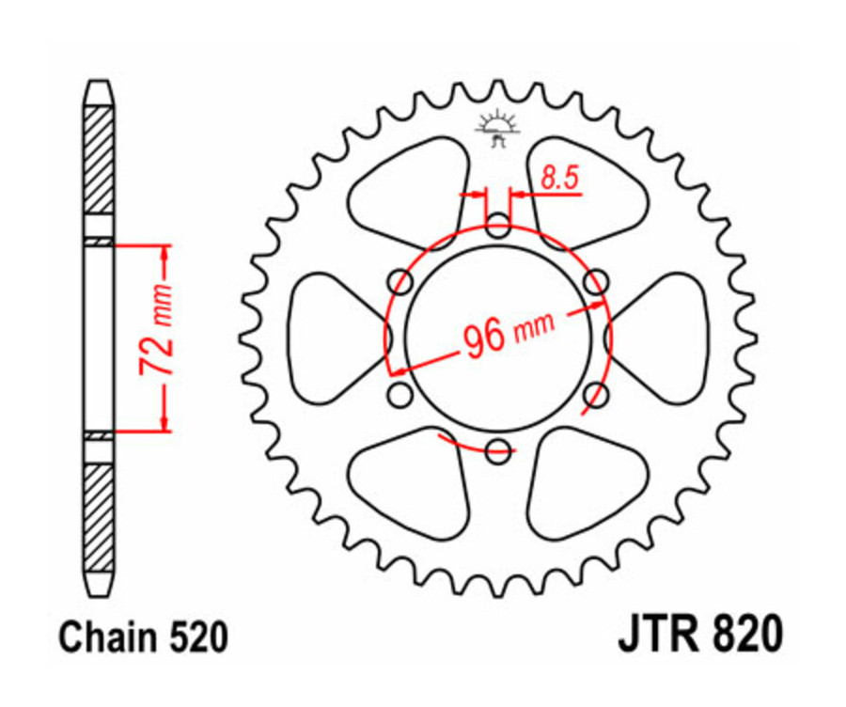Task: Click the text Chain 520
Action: pyautogui.click(x=143, y=638)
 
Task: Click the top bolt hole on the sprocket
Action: pyautogui.click(x=499, y=226)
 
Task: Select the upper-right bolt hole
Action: pyautogui.click(x=595, y=281)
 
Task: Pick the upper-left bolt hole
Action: pyautogui.click(x=401, y=281)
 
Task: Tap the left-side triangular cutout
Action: pyautogui.click(x=329, y=338)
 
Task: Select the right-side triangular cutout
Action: pyautogui.click(x=669, y=338)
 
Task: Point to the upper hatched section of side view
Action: pyautogui.click(x=99, y=160)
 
